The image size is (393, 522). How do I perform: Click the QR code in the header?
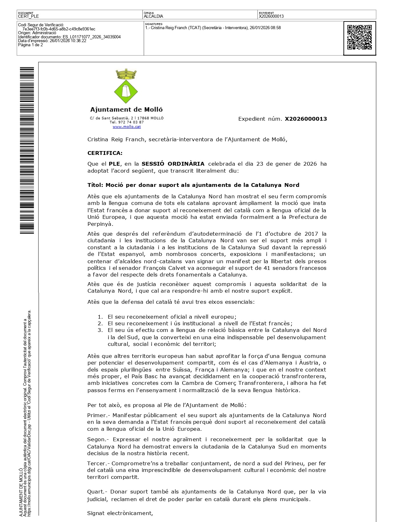359,37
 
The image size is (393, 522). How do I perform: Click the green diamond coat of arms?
126,91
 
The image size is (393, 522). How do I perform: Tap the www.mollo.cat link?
127,127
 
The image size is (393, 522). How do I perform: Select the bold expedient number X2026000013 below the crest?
306,119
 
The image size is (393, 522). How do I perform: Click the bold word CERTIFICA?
105,153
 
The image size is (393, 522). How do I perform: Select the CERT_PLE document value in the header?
29,16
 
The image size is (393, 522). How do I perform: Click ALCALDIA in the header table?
154,16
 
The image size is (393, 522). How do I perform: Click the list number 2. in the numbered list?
100,323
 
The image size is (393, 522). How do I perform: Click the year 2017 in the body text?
311,234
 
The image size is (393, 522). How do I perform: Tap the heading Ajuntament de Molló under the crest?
126,110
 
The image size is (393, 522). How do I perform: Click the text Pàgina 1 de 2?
30,45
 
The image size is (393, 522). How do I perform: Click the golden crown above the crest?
126,74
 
